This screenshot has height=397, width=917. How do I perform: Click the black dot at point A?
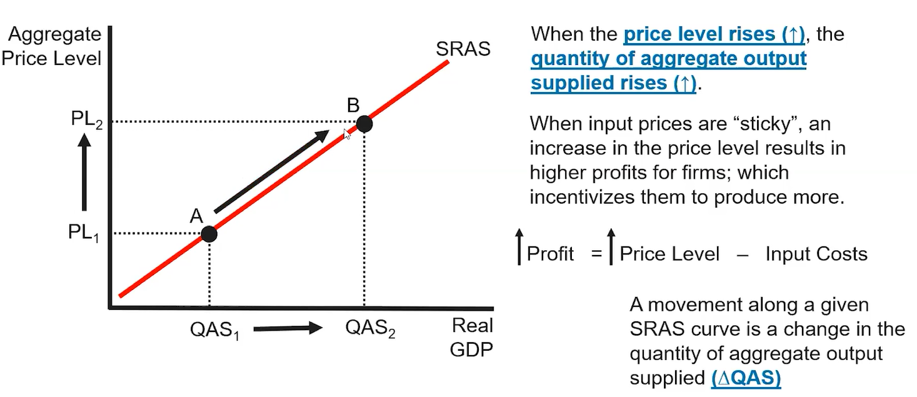point(209,234)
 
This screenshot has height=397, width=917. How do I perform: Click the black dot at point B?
point(364,124)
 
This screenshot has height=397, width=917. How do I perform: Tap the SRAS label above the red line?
point(463,49)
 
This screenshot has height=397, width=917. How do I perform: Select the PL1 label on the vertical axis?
point(83,233)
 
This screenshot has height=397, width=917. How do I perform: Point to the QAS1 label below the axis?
point(216,329)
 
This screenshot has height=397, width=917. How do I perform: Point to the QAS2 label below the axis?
point(370,328)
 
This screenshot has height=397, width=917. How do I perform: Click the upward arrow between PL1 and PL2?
point(84,176)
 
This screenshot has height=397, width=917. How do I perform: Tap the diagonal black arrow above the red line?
point(271,171)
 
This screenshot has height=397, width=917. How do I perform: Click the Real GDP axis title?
point(472,338)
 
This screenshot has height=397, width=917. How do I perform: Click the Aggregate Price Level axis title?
point(51,46)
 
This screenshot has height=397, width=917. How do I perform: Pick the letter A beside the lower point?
point(196,216)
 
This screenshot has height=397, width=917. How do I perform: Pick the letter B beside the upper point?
point(353,105)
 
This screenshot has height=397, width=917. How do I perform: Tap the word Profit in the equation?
point(550,254)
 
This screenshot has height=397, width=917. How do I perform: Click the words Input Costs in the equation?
point(816,254)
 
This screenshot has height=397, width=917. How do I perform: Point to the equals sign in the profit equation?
point(596,254)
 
